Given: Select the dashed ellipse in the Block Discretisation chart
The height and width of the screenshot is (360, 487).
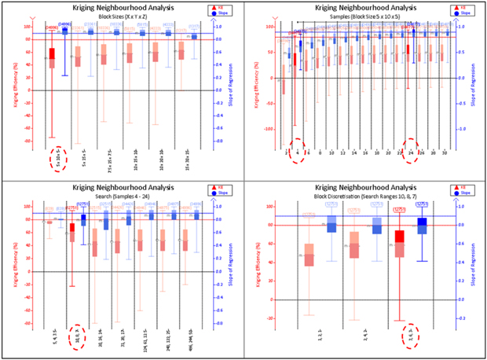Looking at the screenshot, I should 409,335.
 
